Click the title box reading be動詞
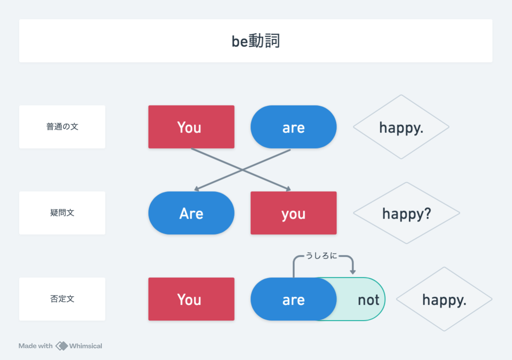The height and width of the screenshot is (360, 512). coord(256,41)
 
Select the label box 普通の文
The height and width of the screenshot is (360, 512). coord(62,127)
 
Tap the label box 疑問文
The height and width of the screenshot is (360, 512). coord(62,213)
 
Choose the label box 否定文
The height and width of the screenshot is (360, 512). coord(62,299)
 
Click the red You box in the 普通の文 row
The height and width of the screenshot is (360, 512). coord(191,127)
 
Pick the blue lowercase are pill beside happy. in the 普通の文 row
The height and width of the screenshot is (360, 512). coord(293,127)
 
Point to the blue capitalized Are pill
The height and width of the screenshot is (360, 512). coord(191,213)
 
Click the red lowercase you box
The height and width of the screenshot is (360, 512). coord(293,213)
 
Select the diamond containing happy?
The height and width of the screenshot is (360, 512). coord(407,213)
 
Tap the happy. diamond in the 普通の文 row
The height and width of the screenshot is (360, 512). coord(401,127)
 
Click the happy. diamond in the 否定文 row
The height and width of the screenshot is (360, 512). coord(444,299)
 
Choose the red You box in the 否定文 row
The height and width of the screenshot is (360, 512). coord(191,299)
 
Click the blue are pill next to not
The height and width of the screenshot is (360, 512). coord(293,299)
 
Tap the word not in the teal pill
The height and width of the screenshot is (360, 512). coord(368,300)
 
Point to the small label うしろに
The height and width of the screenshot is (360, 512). coord(321,256)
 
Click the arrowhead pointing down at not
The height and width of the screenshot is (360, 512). coord(353,272)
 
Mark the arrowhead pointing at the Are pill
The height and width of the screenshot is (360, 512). coord(197,189)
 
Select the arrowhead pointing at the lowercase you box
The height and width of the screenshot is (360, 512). coord(288,189)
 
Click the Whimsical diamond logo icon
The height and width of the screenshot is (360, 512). coord(61,346)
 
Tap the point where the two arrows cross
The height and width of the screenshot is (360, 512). coord(242,170)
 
